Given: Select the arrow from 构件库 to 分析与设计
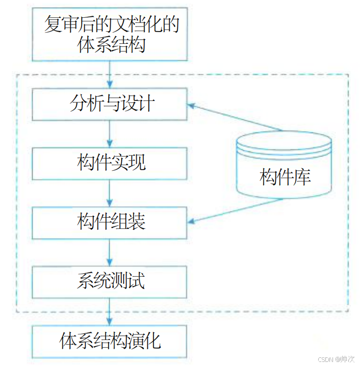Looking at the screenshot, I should coord(235,118).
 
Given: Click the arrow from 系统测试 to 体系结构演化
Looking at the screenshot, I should coord(110,311).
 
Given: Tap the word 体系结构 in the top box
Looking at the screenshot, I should coord(111,45).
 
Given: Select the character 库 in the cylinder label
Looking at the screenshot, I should coord(302,178).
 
